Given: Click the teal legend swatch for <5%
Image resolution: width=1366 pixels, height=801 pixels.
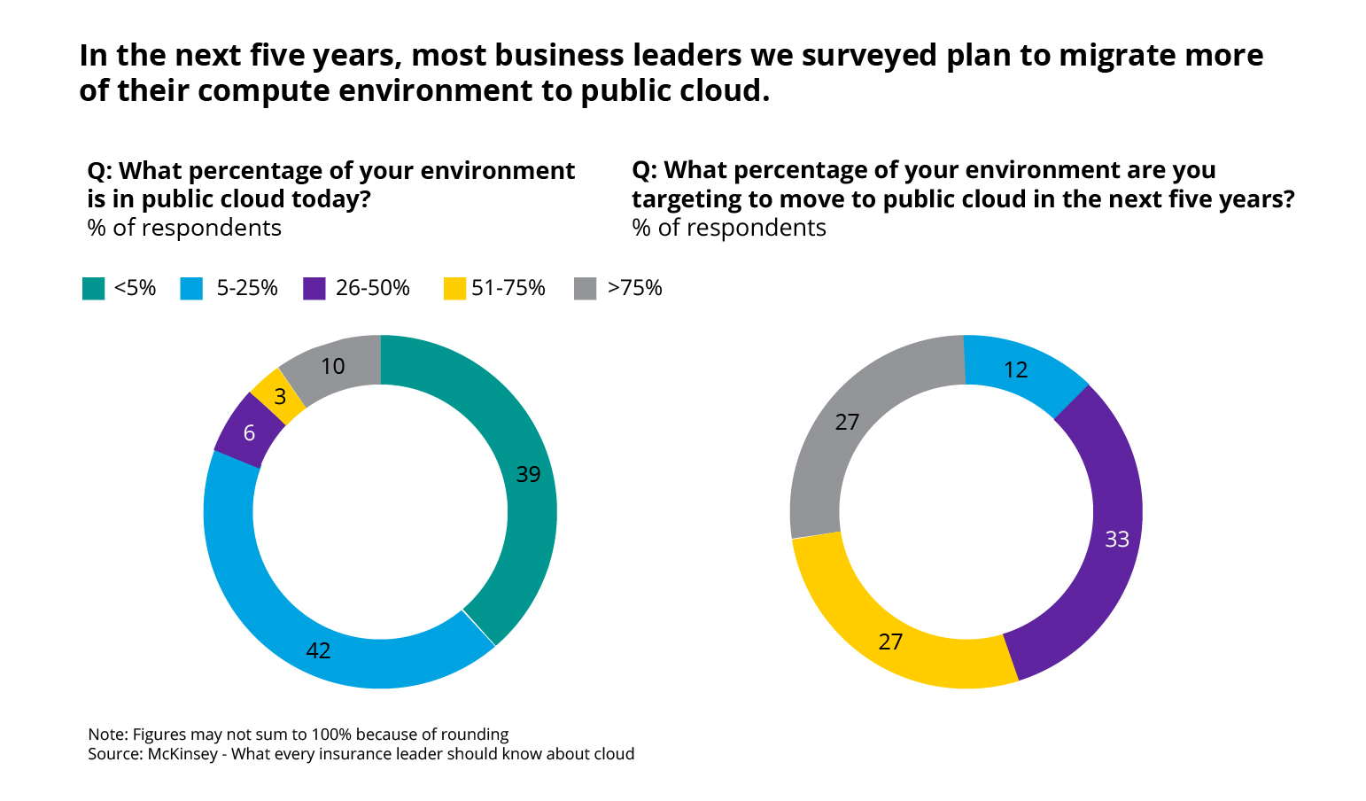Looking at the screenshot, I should click(x=93, y=289).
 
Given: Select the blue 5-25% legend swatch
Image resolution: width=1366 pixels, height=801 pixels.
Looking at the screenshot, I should click(x=191, y=289).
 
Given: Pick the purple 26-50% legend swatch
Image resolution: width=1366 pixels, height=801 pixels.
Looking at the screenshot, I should click(x=314, y=289).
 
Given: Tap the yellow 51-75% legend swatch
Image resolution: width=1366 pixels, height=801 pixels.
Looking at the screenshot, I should click(x=454, y=289).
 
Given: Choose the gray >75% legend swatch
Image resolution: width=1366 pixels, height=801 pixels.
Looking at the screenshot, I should click(x=586, y=289).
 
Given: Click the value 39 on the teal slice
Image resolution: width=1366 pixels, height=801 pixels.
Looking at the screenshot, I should click(x=528, y=475).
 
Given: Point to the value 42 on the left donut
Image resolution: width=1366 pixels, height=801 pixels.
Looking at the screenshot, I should click(x=318, y=651).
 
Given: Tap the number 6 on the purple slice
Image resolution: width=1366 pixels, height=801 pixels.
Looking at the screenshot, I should click(x=249, y=433).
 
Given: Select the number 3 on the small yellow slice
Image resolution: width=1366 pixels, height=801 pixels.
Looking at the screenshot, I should click(x=280, y=397).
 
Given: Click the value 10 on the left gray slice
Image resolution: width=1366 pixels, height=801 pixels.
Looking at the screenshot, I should click(x=332, y=367).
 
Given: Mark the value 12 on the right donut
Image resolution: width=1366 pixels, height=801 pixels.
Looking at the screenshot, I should click(x=1015, y=370).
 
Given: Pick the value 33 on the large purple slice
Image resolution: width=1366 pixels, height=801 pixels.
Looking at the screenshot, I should click(x=1117, y=539).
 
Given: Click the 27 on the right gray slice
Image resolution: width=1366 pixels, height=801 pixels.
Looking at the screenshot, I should click(x=847, y=422).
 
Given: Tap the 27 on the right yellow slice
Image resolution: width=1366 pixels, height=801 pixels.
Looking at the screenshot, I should click(x=890, y=642).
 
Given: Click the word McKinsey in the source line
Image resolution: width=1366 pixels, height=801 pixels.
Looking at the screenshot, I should click(x=182, y=754).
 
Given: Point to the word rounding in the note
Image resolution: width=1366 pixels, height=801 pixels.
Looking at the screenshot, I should click(x=477, y=735).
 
